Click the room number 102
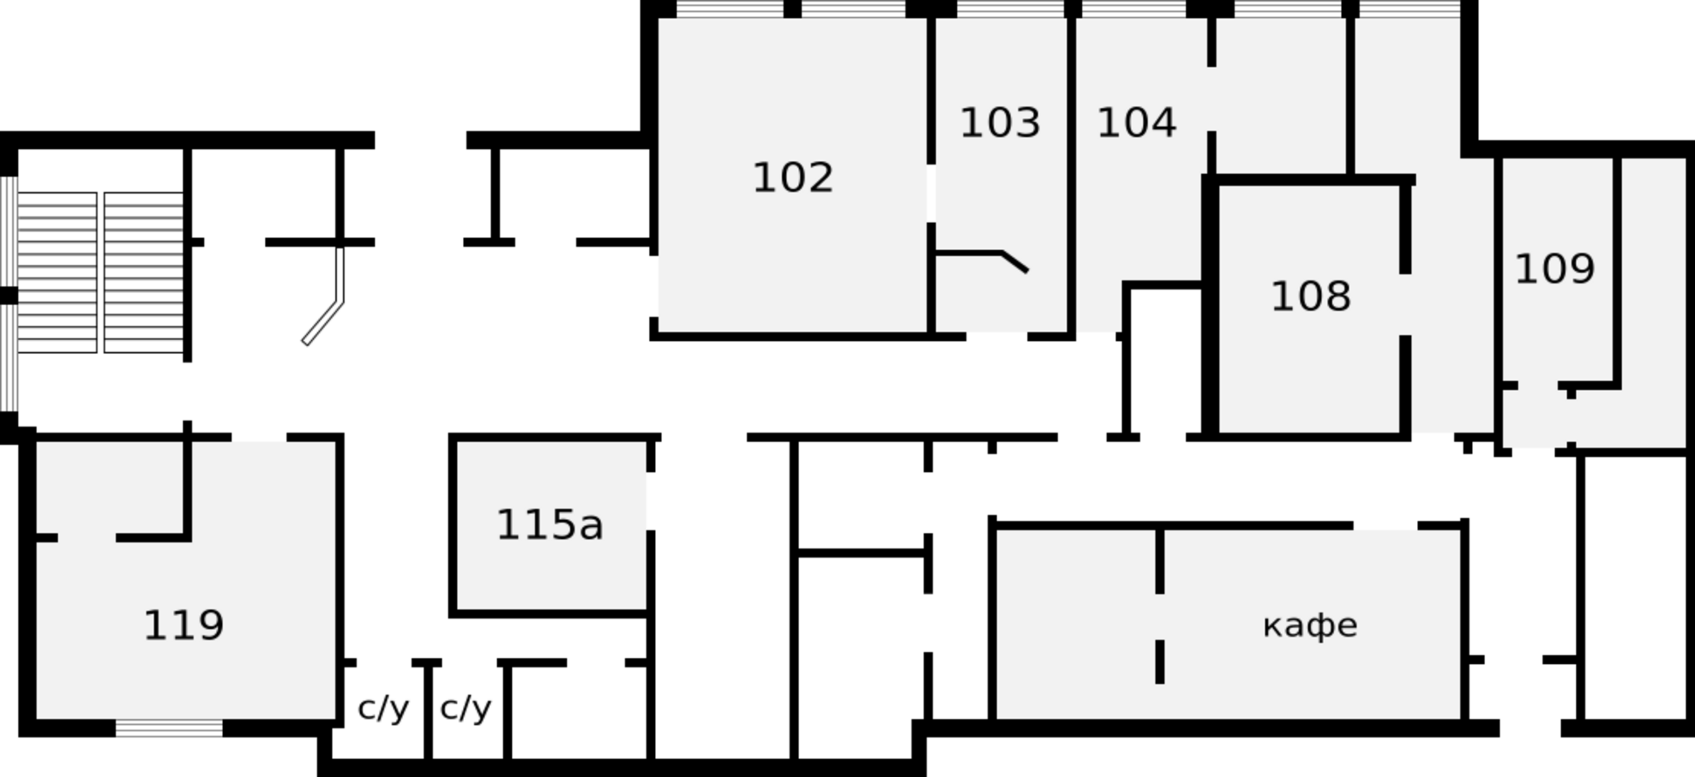click(x=793, y=178)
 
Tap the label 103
click(x=1000, y=123)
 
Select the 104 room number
click(x=1136, y=123)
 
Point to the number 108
click(x=1310, y=296)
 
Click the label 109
click(x=1554, y=269)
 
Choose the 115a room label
click(x=550, y=525)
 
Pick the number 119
click(x=183, y=625)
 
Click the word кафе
click(x=1310, y=625)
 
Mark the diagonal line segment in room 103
click(x=1015, y=261)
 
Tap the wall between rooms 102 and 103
click(x=931, y=119)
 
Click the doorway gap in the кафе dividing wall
click(x=1159, y=616)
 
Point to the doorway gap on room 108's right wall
click(x=1405, y=304)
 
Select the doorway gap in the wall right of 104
click(x=1211, y=99)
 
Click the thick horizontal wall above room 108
click(x=1308, y=180)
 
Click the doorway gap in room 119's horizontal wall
click(x=87, y=537)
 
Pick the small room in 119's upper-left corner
click(x=109, y=486)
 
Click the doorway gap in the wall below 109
click(x=1537, y=385)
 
